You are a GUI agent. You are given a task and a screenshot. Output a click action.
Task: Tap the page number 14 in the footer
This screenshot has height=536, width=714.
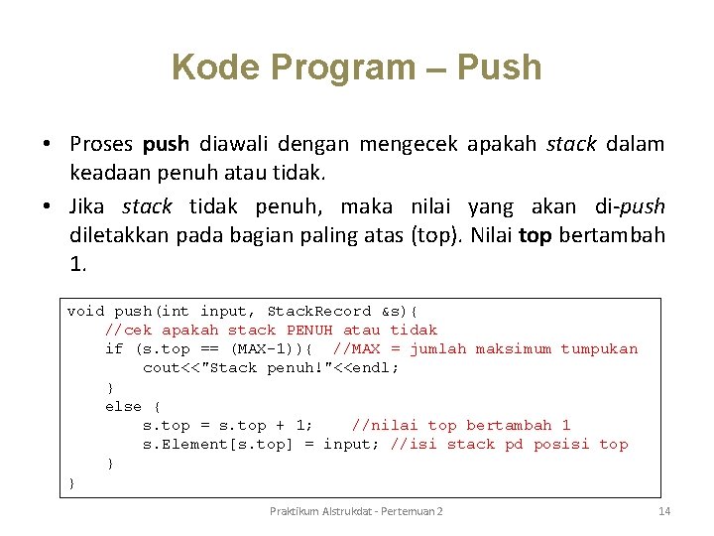(x=664, y=511)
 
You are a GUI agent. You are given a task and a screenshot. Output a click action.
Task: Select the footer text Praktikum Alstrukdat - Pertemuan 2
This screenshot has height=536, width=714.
(x=357, y=511)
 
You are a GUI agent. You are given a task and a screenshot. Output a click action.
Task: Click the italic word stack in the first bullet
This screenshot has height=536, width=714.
(x=571, y=145)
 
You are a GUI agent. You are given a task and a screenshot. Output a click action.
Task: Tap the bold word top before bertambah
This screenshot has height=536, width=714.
(x=535, y=237)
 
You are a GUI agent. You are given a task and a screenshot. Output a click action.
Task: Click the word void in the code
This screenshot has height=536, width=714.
(x=85, y=311)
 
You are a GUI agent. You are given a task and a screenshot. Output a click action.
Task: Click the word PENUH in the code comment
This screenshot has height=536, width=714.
(x=309, y=330)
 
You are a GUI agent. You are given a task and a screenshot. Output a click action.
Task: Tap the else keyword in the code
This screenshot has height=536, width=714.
(x=124, y=406)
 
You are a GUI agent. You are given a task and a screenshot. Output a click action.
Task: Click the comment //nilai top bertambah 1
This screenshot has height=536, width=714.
(x=461, y=425)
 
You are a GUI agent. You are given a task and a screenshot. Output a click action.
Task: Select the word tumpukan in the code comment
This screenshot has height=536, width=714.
(x=599, y=348)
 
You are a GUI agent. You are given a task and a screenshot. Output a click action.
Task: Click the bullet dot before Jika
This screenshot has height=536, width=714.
(x=48, y=207)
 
